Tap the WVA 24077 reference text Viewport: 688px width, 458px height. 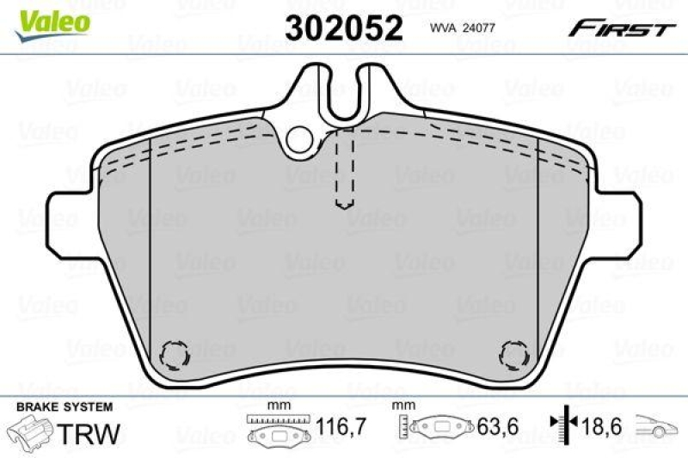(463, 27)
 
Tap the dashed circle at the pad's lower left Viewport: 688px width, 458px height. (175, 351)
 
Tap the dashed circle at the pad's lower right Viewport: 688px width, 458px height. (513, 351)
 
